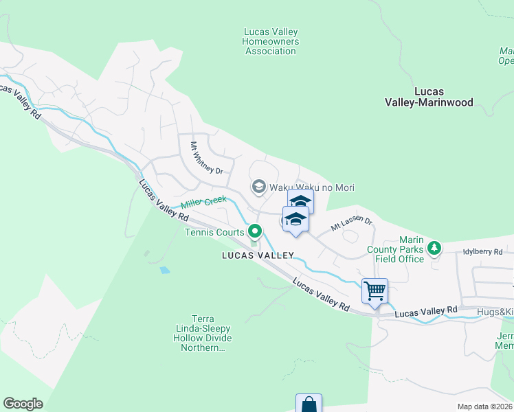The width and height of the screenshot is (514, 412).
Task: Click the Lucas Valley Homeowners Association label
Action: pos(270,41)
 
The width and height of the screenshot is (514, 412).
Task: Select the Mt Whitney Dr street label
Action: pos(207,158)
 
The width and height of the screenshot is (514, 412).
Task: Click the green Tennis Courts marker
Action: pos(255,231)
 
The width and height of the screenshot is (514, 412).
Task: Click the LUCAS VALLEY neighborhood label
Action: pos(258,255)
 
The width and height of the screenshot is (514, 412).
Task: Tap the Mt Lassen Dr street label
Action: pos(351,223)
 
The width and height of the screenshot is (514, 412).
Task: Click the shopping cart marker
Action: pos(375,291)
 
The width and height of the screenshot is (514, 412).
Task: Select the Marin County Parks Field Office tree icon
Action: pos(434,248)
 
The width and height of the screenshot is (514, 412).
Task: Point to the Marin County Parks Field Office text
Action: pos(399,249)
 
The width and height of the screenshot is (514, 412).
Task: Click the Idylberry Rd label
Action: pos(483,252)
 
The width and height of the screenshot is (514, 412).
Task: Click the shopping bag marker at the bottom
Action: pos(309,404)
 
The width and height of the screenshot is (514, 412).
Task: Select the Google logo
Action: pos(23,404)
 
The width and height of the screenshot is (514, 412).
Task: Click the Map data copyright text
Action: pos(484,407)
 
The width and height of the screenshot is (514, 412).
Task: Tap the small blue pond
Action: pos(164,270)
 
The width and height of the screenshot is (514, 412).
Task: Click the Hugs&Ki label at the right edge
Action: pos(495,312)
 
